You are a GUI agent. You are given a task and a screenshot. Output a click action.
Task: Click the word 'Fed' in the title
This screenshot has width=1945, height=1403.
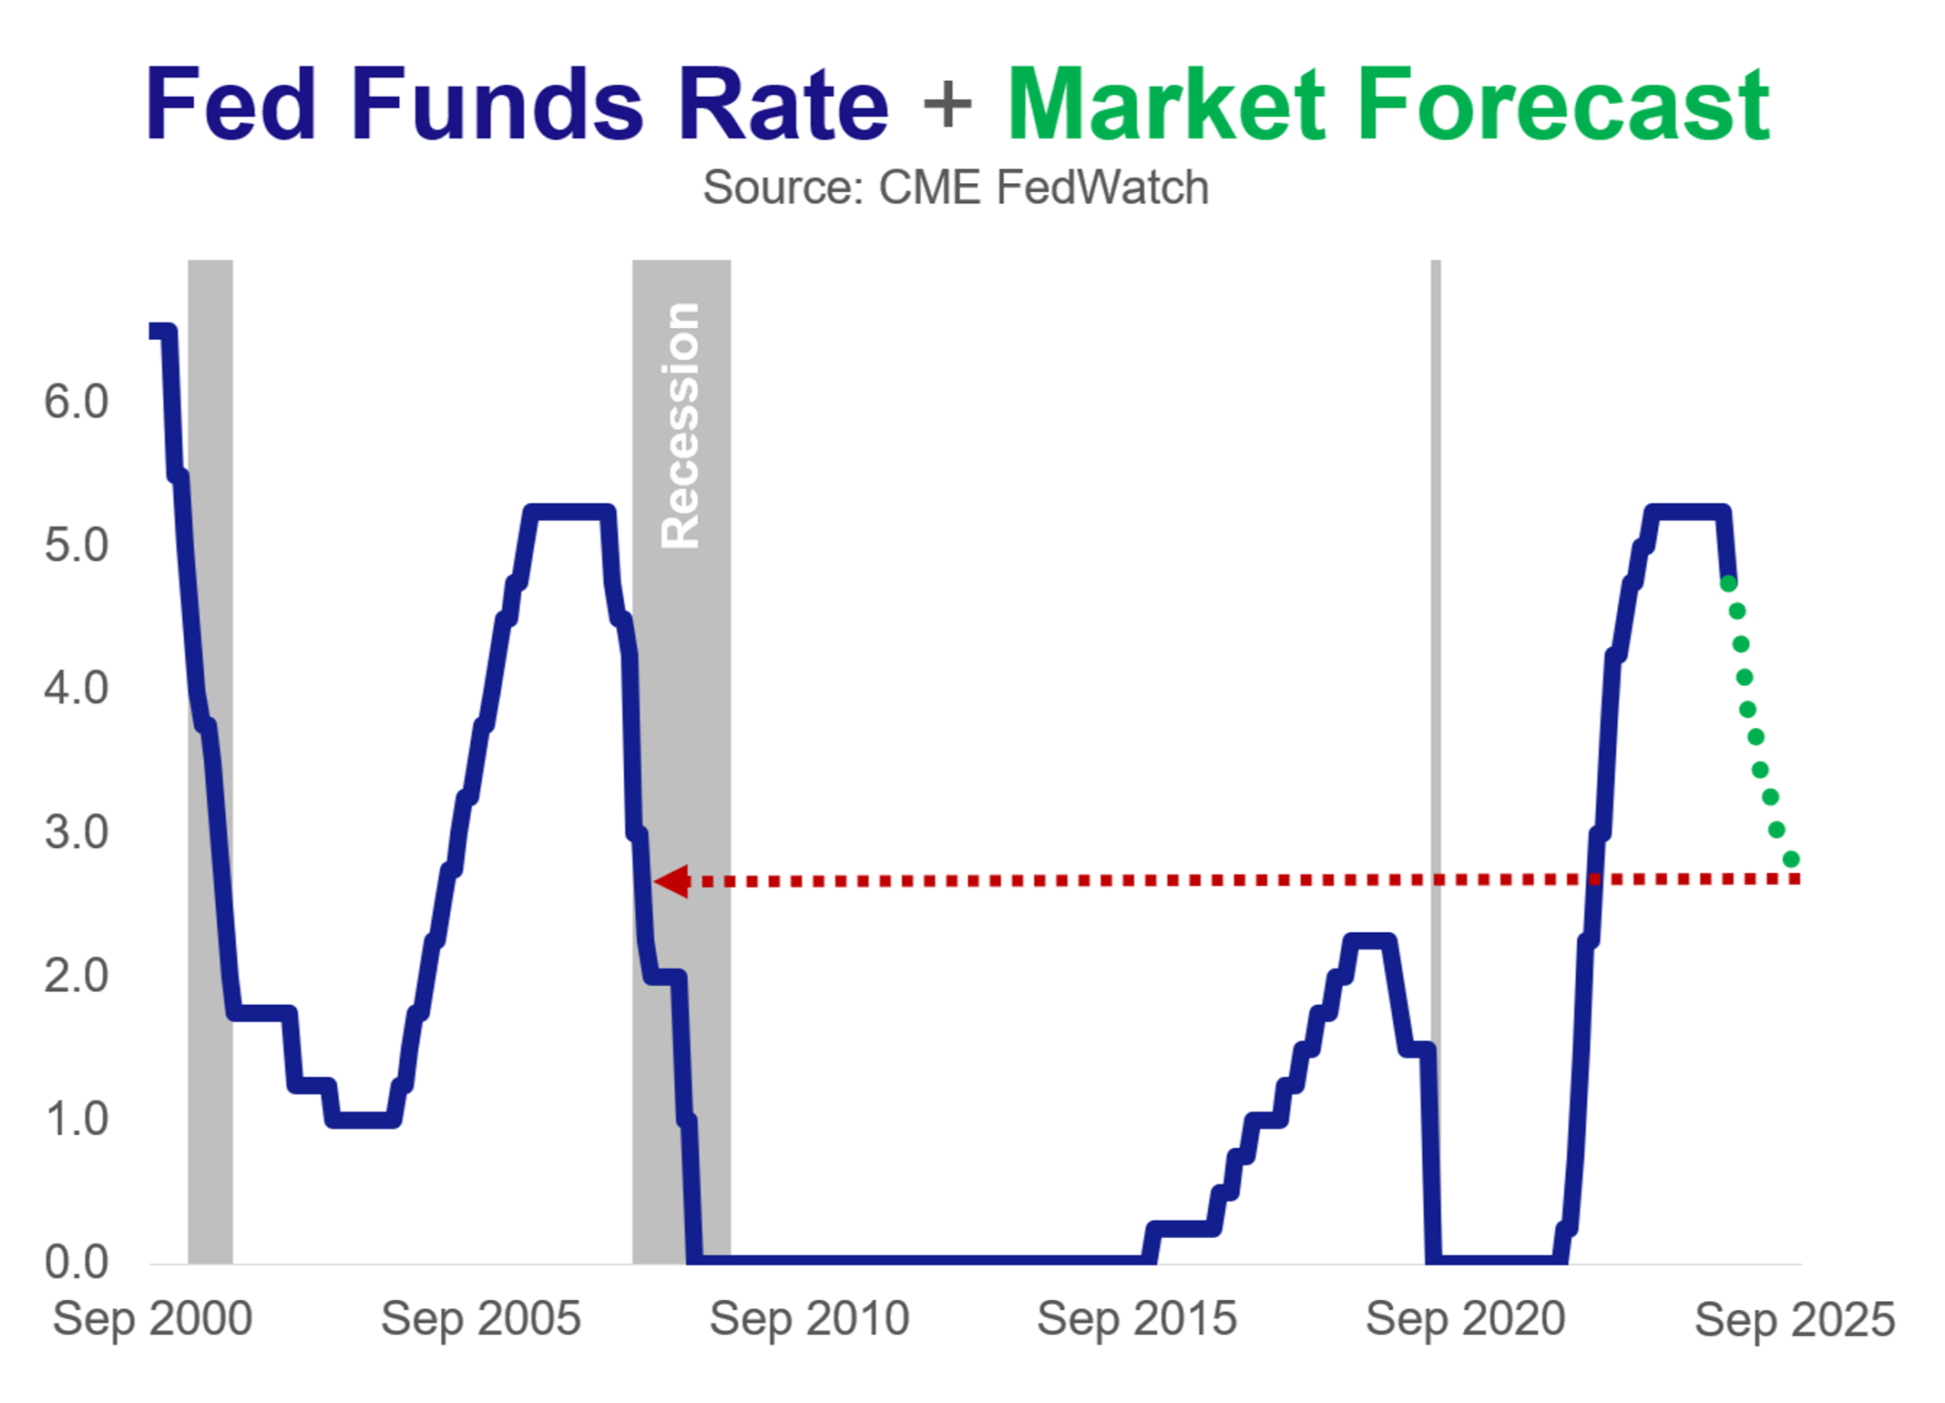click(x=230, y=105)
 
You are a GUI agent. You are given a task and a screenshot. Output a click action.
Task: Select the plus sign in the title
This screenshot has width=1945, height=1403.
click(x=947, y=105)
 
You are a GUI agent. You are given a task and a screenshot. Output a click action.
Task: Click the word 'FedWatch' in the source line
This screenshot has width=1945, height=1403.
click(x=1102, y=188)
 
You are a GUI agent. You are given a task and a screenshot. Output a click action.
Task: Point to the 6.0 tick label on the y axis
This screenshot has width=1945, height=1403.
click(x=77, y=402)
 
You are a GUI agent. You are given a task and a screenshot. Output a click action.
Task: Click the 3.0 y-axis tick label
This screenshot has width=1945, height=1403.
click(x=77, y=833)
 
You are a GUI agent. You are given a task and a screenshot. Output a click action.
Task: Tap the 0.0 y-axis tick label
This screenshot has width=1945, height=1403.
click(x=77, y=1263)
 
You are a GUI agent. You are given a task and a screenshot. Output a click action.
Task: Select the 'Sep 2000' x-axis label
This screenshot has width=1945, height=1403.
click(x=152, y=1319)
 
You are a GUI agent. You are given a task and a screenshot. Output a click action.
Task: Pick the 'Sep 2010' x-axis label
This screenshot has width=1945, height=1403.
click(x=809, y=1319)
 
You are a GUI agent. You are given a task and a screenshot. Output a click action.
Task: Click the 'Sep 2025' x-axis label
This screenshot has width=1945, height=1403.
click(x=1794, y=1319)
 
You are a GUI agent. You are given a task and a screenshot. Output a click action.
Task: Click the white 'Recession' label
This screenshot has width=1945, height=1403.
click(x=681, y=425)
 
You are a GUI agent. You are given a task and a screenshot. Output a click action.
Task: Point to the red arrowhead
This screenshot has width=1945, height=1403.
click(x=672, y=881)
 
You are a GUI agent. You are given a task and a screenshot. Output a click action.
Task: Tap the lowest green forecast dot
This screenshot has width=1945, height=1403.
click(x=1791, y=859)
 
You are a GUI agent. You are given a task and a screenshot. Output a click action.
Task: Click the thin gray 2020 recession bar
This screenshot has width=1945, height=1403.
click(x=1436, y=638)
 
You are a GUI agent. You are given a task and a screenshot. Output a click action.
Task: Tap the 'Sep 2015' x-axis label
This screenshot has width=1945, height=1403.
click(x=1137, y=1319)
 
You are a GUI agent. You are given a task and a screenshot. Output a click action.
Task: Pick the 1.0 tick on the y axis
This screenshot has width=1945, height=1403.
click(x=77, y=1120)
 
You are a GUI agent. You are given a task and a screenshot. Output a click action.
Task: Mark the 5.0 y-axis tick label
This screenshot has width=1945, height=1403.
click(x=77, y=546)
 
